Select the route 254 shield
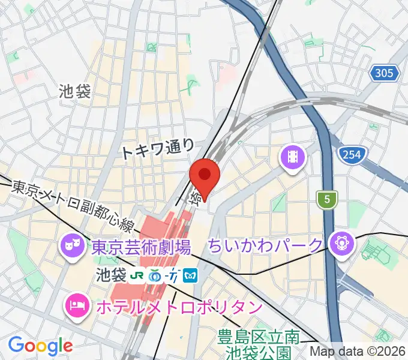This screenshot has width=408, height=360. pos(352,155)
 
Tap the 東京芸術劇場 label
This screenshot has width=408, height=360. pos(142,245)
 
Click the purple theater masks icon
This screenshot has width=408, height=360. pos(71,244)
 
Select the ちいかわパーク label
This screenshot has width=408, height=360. pos(266,245)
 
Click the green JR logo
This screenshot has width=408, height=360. pos(137,275)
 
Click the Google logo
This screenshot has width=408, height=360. pos(40,345)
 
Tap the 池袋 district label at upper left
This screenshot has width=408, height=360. pos(75,91)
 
